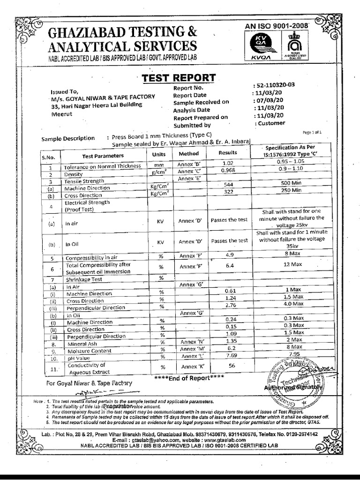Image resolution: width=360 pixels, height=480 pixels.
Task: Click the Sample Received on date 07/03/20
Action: coord(269,100)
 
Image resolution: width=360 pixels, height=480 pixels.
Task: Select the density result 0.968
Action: coord(227,170)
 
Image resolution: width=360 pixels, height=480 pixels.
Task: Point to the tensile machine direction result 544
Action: coord(229,185)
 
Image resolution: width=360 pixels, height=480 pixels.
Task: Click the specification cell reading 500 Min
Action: coord(291,183)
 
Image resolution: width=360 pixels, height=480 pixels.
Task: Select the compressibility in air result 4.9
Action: coord(229,255)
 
